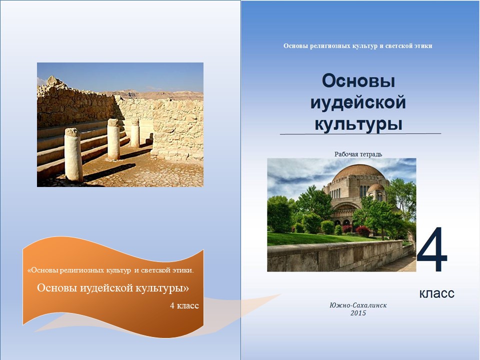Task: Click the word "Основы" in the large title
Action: [358, 81]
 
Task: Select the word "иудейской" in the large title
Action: [358, 103]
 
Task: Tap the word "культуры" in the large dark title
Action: [358, 124]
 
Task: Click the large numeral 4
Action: [432, 249]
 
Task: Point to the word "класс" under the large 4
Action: [436, 293]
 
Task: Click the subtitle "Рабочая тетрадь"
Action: [358, 154]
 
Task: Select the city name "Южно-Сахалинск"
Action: [358, 305]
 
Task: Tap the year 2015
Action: [358, 313]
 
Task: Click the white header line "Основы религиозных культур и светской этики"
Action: [358, 46]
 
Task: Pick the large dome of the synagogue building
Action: [358, 171]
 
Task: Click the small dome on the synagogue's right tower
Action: [376, 187]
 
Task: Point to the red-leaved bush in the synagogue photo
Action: [363, 231]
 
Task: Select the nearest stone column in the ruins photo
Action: [73, 155]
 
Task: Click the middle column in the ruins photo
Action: [113, 139]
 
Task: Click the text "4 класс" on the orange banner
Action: [184, 305]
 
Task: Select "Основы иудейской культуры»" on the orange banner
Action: [113, 288]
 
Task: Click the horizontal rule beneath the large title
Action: [360, 134]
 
